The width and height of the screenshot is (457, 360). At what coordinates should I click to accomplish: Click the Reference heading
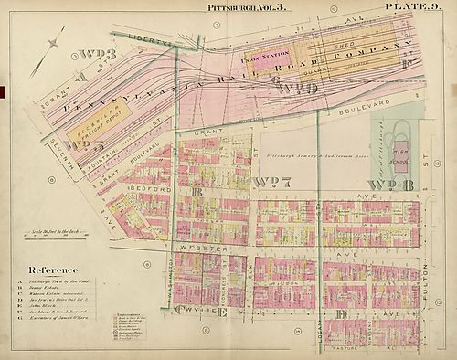tap(53, 270)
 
